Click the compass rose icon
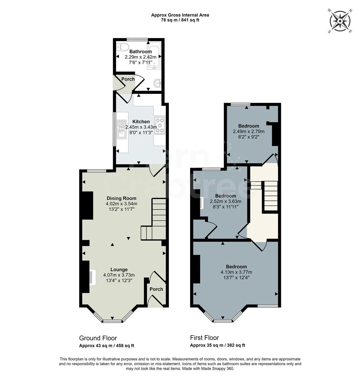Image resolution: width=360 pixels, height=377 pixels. (340, 21)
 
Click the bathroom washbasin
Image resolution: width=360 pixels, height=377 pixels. (157, 83)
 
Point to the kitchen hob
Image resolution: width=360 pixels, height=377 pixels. (159, 125)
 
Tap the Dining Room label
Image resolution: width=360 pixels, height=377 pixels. (121, 198)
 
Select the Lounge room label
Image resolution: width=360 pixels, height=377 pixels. (119, 270)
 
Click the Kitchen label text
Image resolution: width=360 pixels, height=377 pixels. (141, 122)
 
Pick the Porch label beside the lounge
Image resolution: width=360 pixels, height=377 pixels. (156, 289)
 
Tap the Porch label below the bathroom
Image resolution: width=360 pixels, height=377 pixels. (128, 79)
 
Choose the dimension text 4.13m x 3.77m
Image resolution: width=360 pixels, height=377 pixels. (236, 272)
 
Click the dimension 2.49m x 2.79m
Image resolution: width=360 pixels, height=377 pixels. (248, 132)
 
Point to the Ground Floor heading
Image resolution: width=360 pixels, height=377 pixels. (98, 338)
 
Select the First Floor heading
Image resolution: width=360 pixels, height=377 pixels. (204, 338)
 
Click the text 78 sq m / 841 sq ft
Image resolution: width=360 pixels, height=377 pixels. (180, 20)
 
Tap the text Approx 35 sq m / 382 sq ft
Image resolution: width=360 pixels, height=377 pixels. (217, 346)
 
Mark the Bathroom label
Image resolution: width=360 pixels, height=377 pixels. (141, 52)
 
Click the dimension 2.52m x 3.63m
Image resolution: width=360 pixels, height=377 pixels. (225, 201)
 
